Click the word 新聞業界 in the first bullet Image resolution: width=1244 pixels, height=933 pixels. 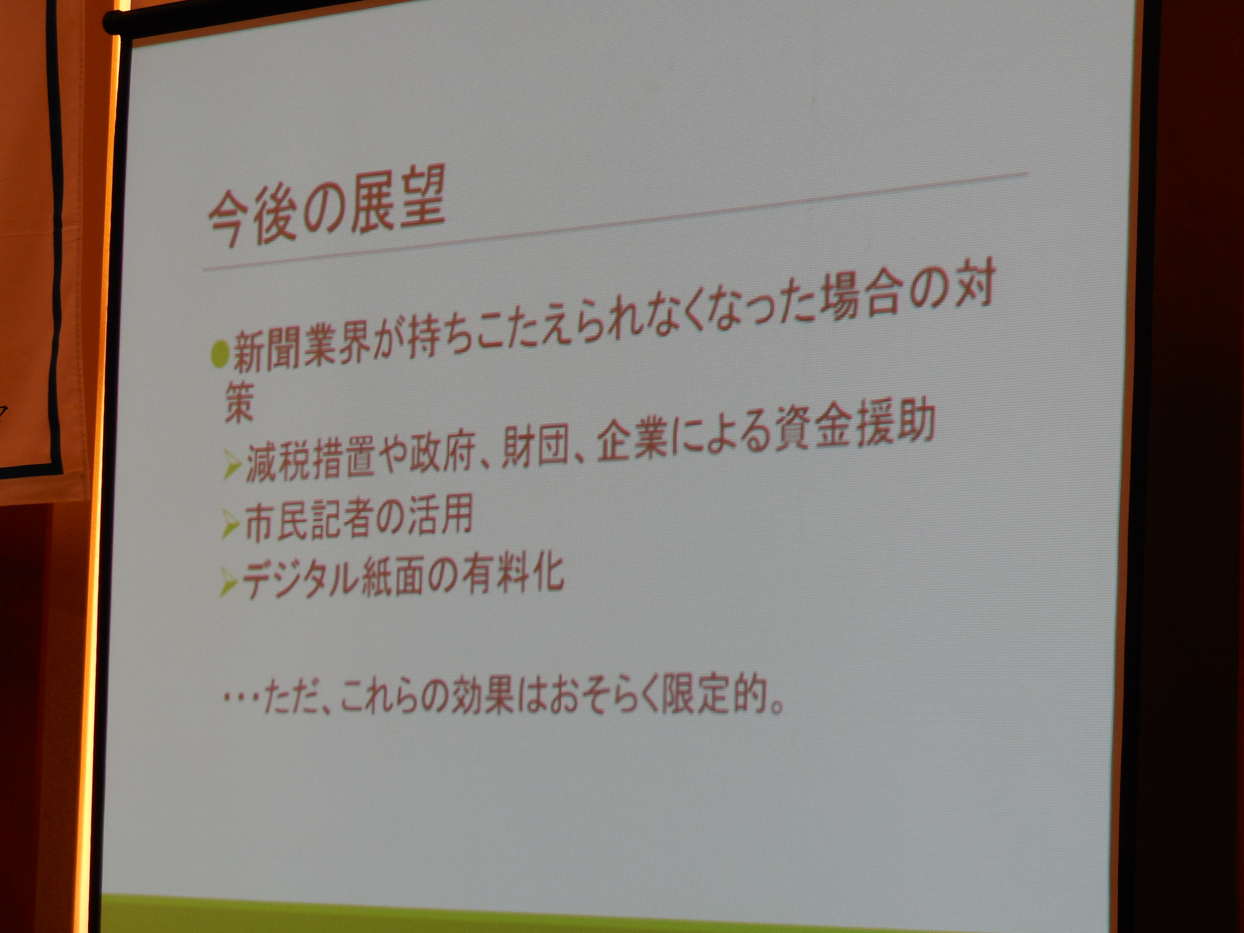(x=301, y=349)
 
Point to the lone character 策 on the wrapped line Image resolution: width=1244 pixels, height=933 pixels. (x=240, y=402)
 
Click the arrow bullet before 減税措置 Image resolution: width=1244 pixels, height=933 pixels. (x=232, y=464)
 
